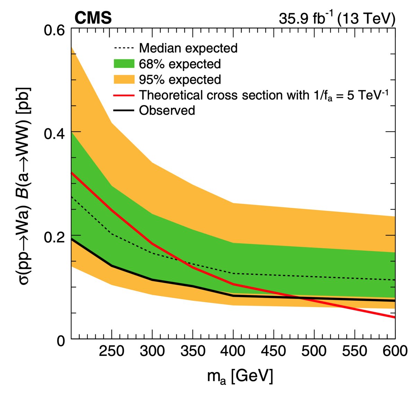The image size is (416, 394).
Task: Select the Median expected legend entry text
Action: point(188,48)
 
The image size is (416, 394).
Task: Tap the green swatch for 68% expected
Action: point(124,64)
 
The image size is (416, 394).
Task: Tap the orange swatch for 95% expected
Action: point(124,79)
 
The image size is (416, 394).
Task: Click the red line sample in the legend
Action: point(124,95)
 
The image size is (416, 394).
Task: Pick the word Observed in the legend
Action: point(167,111)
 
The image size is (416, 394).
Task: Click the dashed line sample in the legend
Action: point(124,48)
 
